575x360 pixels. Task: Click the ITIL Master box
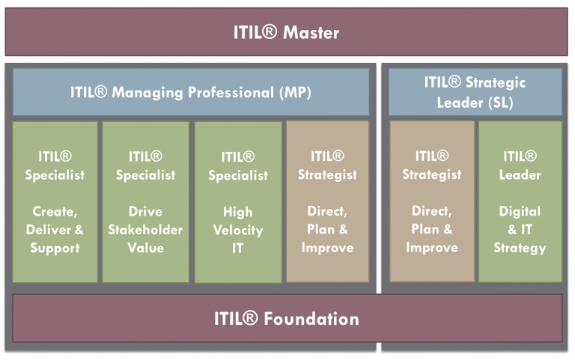coord(287,32)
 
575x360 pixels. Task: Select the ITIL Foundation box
coord(287,318)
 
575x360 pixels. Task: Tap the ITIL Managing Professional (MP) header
coord(191,92)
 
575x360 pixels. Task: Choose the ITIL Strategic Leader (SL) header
coord(475,92)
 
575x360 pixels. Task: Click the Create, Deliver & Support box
coord(55,202)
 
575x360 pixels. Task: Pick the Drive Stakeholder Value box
coord(145,202)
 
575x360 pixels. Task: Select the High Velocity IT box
coord(238,202)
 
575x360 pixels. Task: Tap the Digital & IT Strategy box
coord(520,201)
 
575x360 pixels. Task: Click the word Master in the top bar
coord(311,33)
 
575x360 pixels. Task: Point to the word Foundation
coord(311,319)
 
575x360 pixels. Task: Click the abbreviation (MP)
coord(295,92)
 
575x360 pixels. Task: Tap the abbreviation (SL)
coord(501,103)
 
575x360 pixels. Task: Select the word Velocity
coord(238,231)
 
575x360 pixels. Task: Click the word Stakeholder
coord(145,230)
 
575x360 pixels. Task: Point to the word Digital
coord(520,212)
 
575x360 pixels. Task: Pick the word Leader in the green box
coord(520,175)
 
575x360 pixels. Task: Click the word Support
coord(55,248)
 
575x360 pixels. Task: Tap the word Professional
coord(231,92)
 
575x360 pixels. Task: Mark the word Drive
coord(145,212)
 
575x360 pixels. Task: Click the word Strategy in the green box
coord(520,248)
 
